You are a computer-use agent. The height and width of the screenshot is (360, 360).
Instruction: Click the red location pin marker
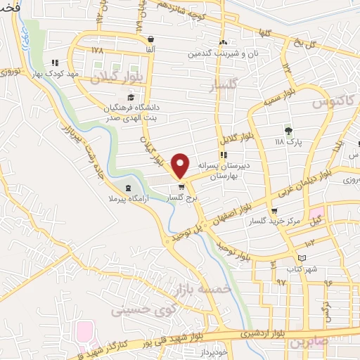pos(181,165)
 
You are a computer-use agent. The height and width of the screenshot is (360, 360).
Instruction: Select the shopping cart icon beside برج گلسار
pos(182,187)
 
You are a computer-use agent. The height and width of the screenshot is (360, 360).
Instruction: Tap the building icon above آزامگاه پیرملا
pos(127,188)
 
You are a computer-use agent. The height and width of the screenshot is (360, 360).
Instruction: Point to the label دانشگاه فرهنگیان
pos(132,107)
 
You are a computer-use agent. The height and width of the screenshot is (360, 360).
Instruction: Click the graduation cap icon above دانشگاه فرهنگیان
pos(130,98)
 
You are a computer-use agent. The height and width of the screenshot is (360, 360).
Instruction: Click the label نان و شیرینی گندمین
pos(221,53)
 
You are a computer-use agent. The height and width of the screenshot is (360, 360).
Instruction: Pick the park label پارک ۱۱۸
pos(288,143)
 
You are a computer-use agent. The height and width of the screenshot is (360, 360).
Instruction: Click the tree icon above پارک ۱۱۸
pos(288,130)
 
